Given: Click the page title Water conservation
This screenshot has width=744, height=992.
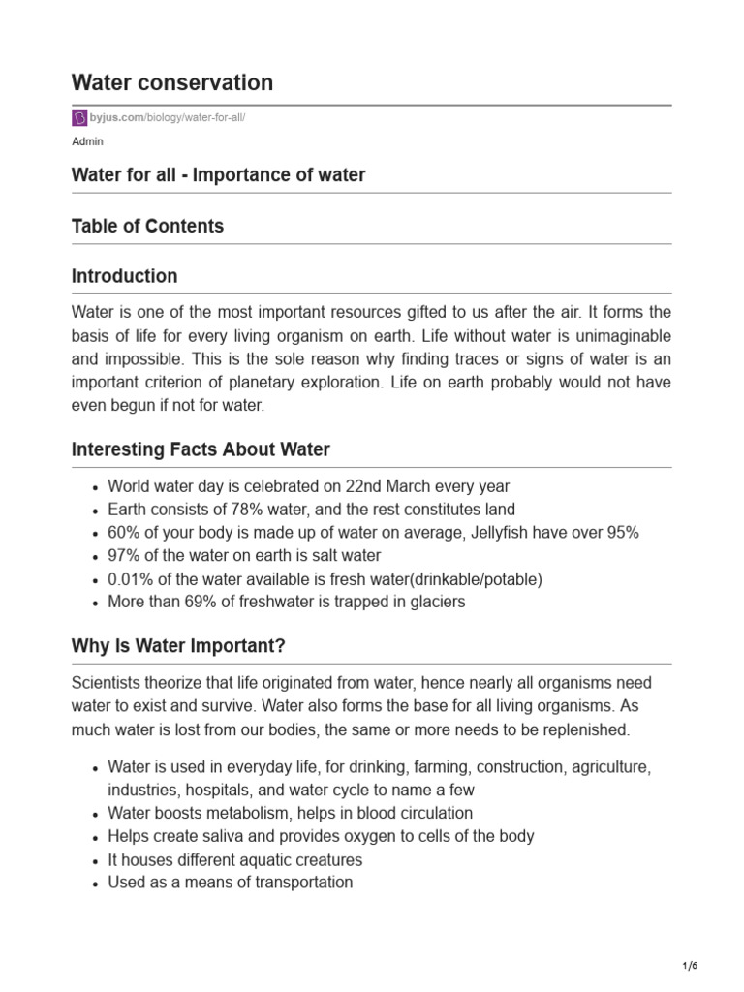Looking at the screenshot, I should pyautogui.click(x=172, y=83).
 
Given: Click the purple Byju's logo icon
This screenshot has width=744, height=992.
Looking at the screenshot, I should pyautogui.click(x=80, y=118).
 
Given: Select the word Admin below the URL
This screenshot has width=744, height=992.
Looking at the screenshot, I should pyautogui.click(x=87, y=141).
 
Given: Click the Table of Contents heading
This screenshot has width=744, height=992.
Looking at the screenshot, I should pyautogui.click(x=147, y=226).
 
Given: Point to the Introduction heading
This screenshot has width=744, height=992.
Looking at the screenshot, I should pyautogui.click(x=124, y=276).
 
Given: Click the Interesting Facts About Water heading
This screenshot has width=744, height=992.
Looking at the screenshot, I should pyautogui.click(x=201, y=449).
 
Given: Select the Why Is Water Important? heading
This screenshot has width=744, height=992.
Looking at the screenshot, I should pyautogui.click(x=178, y=645).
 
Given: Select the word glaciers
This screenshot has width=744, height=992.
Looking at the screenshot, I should pyautogui.click(x=435, y=603).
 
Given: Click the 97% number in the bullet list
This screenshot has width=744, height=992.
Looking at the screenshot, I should pyautogui.click(x=123, y=556).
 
